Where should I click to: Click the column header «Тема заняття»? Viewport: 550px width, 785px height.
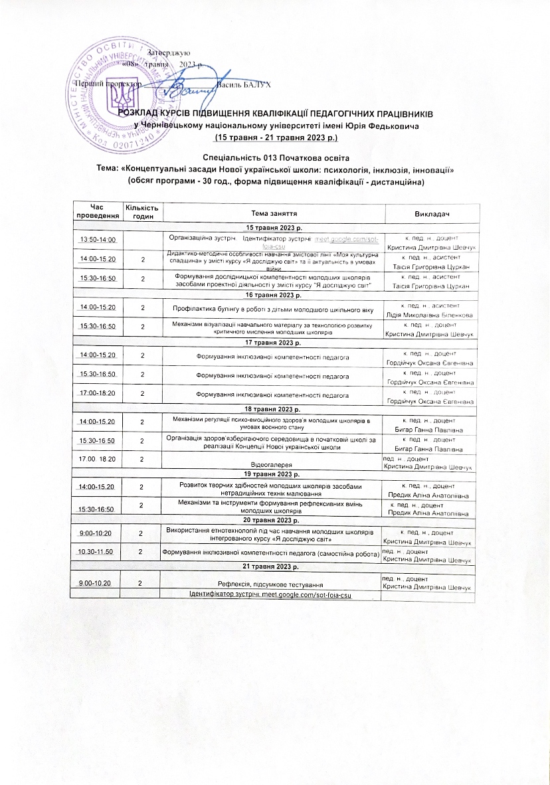click(x=274, y=213)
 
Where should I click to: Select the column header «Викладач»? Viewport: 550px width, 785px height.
click(x=430, y=213)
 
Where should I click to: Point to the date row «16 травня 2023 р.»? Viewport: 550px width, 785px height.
click(x=274, y=295)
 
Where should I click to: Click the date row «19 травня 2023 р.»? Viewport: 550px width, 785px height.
click(x=274, y=475)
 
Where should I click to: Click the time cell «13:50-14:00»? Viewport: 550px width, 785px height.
click(x=98, y=240)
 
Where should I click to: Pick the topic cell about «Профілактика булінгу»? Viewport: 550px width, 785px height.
click(x=274, y=309)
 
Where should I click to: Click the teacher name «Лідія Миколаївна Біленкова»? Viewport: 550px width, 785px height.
click(x=429, y=313)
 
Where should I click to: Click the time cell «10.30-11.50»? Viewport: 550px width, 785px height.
click(x=98, y=553)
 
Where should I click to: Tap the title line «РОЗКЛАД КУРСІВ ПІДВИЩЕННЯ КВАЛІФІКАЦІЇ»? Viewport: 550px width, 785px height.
click(x=276, y=113)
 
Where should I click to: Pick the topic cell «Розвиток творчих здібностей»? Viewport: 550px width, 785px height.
click(x=274, y=489)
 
